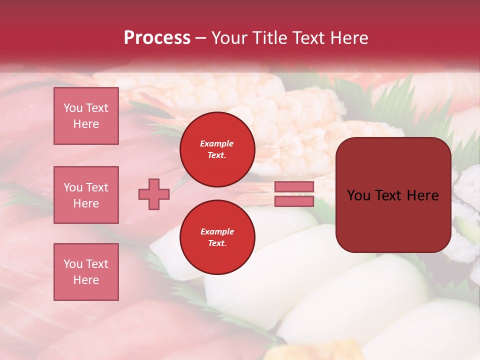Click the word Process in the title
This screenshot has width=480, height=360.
pyautogui.click(x=157, y=38)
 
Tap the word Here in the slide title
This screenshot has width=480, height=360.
pyautogui.click(x=347, y=38)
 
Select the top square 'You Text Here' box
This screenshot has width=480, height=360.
pyautogui.click(x=86, y=116)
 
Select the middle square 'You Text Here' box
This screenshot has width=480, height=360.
pyautogui.click(x=86, y=195)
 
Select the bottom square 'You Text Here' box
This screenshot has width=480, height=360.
pyautogui.click(x=86, y=271)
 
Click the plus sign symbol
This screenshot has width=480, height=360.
pyautogui.click(x=154, y=194)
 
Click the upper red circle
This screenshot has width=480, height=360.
pyautogui.click(x=217, y=149)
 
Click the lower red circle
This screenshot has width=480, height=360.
pyautogui.click(x=217, y=237)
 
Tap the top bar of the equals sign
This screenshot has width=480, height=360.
pyautogui.click(x=294, y=187)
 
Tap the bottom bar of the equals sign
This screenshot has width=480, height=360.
pyautogui.click(x=294, y=201)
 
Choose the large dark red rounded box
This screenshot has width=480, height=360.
pyautogui.click(x=393, y=195)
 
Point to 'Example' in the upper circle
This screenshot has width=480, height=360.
pyautogui.click(x=216, y=143)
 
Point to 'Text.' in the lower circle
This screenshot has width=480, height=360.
pyautogui.click(x=217, y=243)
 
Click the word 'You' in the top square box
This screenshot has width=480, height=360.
pyautogui.click(x=73, y=108)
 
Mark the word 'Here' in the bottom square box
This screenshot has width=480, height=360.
pyautogui.click(x=86, y=280)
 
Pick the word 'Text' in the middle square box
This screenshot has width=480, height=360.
pyautogui.click(x=96, y=187)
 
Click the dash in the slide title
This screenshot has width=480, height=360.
pyautogui.click(x=201, y=38)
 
